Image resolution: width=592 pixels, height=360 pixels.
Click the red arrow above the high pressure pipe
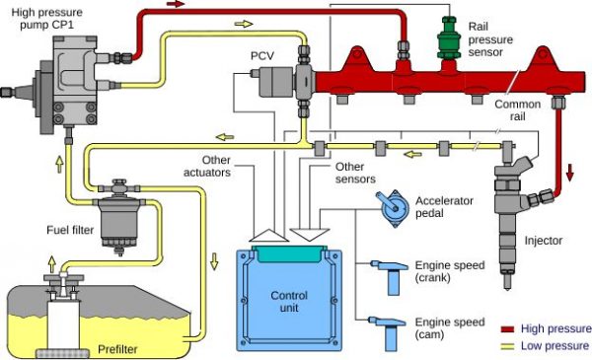(176, 5)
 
